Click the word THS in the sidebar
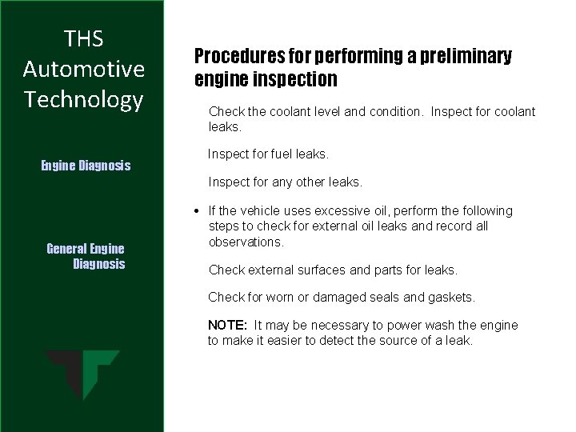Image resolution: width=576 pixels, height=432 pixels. pos(84,38)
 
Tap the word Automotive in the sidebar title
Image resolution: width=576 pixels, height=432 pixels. pos(84,69)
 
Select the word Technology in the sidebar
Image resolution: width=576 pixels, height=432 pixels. pos(84,99)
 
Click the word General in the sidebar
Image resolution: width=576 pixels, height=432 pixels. pos(68,249)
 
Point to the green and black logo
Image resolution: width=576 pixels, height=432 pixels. pos(82,374)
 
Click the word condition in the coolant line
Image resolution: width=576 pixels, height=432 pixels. pos(393,111)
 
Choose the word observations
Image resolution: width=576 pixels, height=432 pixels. pos(246,242)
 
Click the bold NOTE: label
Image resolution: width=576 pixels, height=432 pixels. pos(227,325)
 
